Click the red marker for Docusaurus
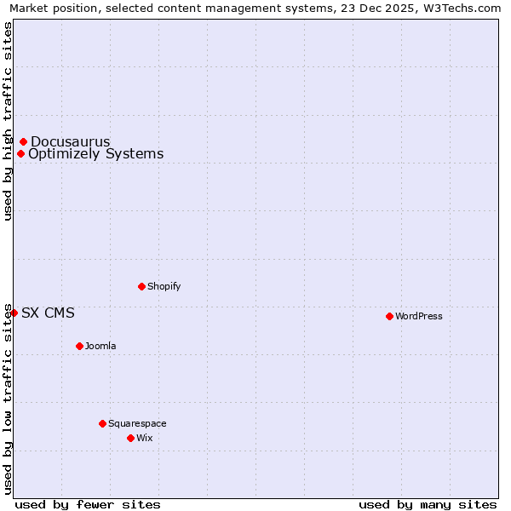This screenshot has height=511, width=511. tap(24, 141)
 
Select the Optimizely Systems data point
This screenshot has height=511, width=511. tap(21, 153)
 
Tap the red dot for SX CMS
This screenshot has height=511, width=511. tap(14, 313)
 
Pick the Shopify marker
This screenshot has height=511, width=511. tap(141, 286)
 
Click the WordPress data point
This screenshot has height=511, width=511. tap(389, 316)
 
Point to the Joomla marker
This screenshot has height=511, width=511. tap(79, 346)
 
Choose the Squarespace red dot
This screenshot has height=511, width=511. tap(102, 423)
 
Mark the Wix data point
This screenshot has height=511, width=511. tap(130, 438)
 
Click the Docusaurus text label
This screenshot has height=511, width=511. tap(71, 141)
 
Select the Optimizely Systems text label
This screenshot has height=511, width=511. tap(95, 154)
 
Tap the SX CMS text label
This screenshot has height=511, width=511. tap(48, 313)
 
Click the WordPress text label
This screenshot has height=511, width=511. tap(419, 316)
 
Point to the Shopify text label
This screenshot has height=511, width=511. tap(164, 286)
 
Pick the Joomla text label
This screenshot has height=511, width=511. tap(100, 346)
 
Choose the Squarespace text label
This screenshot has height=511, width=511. tap(137, 423)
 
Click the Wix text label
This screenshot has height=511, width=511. tap(144, 438)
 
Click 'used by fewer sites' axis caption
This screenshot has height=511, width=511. tap(88, 504)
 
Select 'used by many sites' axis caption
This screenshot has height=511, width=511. tap(428, 504)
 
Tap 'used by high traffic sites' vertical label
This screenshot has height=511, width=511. tap(8, 121)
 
